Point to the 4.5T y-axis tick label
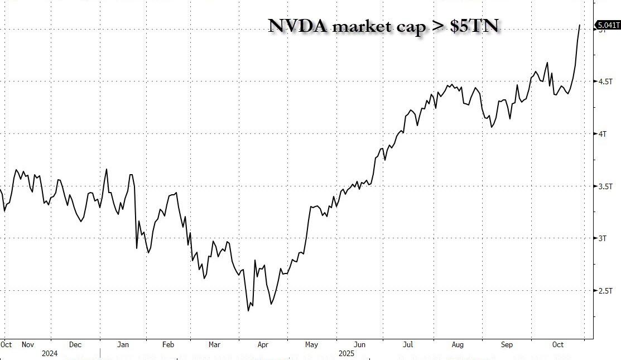coord(605,81)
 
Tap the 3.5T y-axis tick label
coord(605,186)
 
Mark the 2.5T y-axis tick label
coord(605,291)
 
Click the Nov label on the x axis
coord(27,345)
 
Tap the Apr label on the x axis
coord(263,345)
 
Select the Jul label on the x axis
coord(408,345)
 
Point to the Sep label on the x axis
coord(507,345)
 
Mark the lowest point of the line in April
coord(248,310)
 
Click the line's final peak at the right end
coord(579,25)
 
